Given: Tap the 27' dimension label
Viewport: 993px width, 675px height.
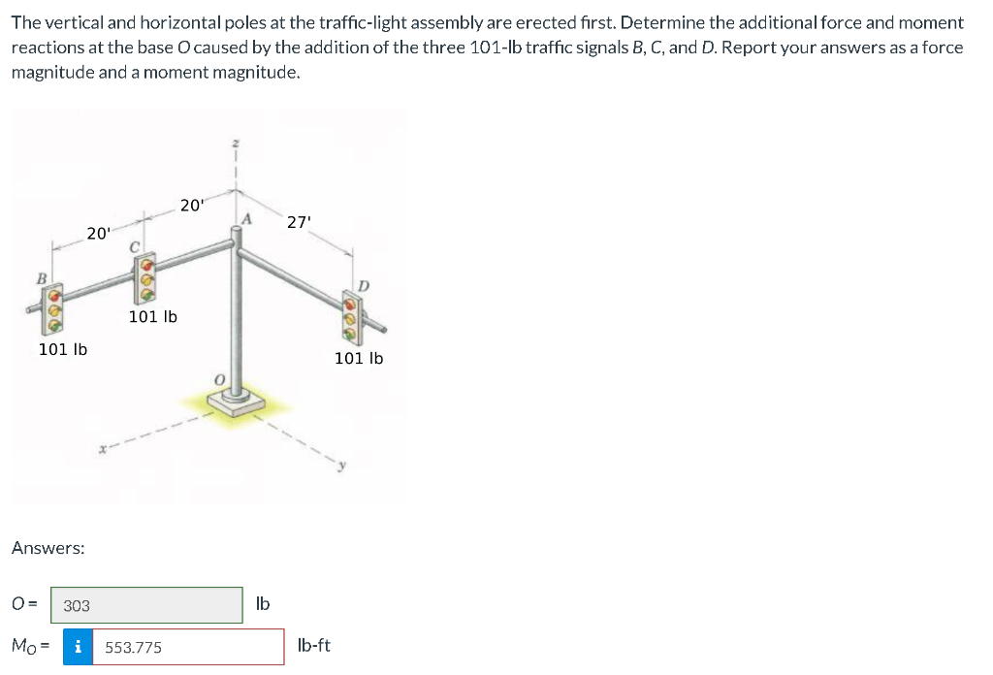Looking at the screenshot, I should [300, 222].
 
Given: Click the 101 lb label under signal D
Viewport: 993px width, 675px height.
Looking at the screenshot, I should [359, 358].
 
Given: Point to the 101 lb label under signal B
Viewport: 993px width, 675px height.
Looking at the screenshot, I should [63, 349].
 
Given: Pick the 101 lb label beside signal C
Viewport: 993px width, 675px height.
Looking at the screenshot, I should [153, 316].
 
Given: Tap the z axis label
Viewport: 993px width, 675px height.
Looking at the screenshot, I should [234, 144].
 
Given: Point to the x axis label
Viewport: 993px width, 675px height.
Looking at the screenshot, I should [101, 448].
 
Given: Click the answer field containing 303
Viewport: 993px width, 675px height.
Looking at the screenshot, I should [146, 605].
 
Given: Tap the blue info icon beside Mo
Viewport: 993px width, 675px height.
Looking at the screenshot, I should [78, 647].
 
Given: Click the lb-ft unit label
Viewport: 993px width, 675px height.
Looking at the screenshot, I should [314, 645].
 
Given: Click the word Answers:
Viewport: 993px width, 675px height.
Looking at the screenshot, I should [48, 548].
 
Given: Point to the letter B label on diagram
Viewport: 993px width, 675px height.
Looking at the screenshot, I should [41, 278].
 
